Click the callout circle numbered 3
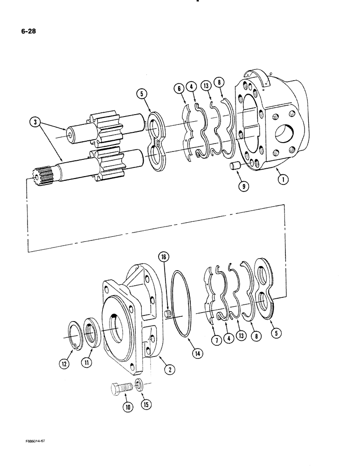tap(34, 124)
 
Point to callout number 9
tap(244, 187)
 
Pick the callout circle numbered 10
tap(127, 406)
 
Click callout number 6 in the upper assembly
tap(180, 88)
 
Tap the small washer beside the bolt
tap(139, 384)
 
